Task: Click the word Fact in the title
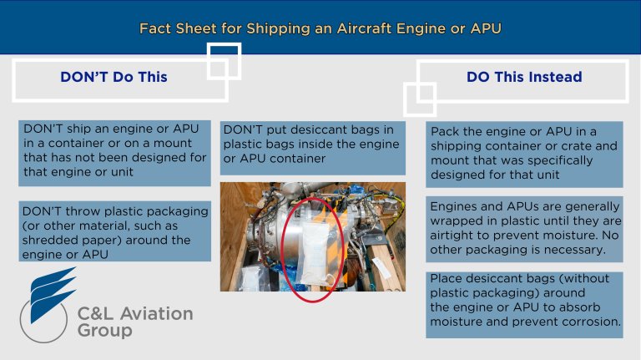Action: tap(158, 29)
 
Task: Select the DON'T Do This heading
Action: tap(114, 77)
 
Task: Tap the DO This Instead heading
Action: tap(524, 77)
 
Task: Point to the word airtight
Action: tap(456, 235)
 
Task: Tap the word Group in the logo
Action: tap(104, 332)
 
